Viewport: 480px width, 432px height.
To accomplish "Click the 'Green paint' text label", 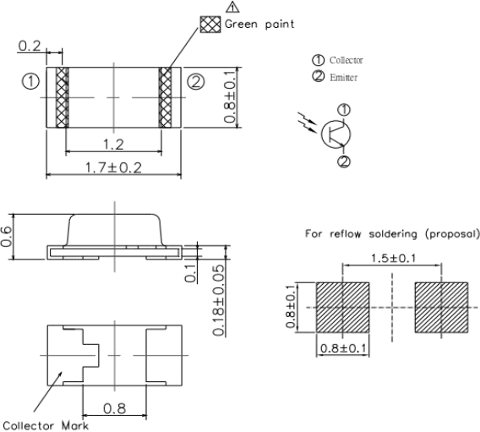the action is [x=259, y=25].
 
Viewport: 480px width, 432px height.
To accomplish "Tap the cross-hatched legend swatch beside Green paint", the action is [x=210, y=25].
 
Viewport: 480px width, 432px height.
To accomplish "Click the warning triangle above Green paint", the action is [x=232, y=7].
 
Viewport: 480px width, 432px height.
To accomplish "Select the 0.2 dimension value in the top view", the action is [x=30, y=46].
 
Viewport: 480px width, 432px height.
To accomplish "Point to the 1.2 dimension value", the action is [x=113, y=144].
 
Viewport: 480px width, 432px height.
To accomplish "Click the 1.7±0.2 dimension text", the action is [x=113, y=167].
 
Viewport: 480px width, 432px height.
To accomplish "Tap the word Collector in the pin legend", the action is [x=346, y=60].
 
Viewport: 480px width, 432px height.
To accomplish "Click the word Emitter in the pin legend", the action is [x=343, y=78].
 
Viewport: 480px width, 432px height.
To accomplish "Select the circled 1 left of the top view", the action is [x=30, y=82].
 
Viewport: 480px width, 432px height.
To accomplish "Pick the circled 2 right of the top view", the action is [x=196, y=82].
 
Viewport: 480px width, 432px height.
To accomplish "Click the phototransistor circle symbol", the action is [x=335, y=134].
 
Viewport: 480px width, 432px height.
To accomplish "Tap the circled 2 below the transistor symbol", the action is [x=344, y=161].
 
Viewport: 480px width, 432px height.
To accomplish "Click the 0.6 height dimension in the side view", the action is [x=6, y=237].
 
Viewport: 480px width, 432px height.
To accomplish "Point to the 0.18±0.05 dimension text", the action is [x=219, y=300].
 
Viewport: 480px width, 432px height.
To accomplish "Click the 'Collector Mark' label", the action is [x=46, y=425].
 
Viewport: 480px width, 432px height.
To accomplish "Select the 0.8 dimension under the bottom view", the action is [x=114, y=408].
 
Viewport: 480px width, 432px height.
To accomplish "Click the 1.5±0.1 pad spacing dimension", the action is [x=393, y=259].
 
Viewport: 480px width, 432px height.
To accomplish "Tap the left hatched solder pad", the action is [x=342, y=308].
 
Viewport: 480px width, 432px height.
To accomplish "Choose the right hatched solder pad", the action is [x=441, y=308].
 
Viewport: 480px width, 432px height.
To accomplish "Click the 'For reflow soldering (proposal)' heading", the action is [x=392, y=234].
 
